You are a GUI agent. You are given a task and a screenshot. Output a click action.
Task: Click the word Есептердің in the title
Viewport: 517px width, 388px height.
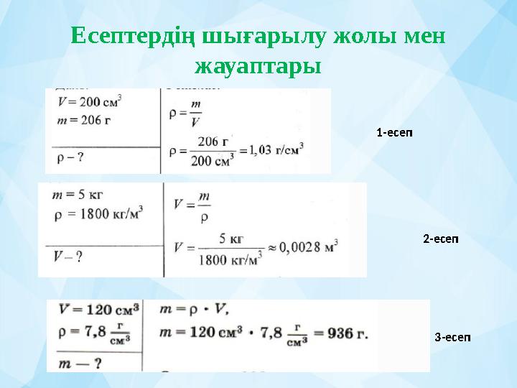point(129,35)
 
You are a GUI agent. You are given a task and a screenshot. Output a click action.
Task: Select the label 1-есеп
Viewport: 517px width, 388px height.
point(395,132)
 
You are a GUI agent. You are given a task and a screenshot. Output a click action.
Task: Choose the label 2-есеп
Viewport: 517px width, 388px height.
point(440,238)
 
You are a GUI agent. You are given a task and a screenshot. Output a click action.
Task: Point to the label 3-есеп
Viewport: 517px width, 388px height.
point(453,337)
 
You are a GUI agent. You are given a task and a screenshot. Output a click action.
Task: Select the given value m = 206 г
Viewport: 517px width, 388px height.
point(83,119)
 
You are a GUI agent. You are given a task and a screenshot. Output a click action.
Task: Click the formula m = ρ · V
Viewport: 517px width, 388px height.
point(198,310)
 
